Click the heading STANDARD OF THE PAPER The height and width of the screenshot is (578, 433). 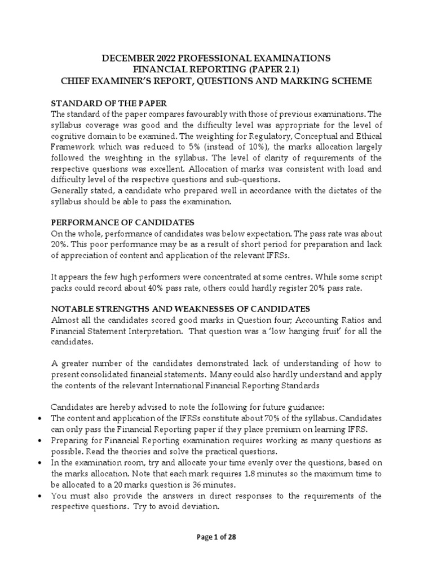[109, 104]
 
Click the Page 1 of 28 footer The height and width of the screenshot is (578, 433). [216, 537]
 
